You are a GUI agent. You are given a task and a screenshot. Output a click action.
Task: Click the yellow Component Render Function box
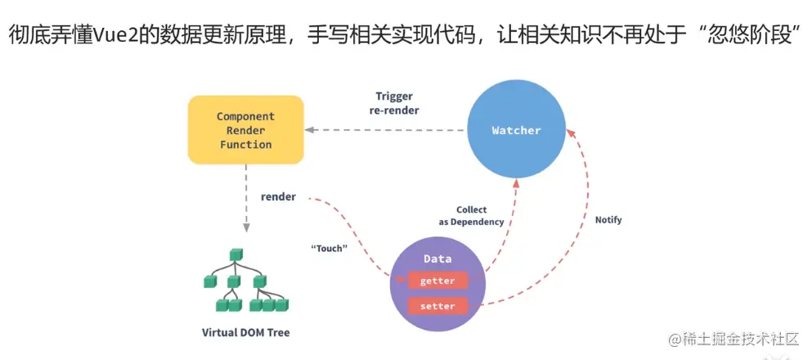245,130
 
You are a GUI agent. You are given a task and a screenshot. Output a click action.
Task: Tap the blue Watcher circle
516,130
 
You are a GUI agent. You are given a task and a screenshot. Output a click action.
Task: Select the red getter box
437,281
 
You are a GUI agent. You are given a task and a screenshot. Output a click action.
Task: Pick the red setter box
437,306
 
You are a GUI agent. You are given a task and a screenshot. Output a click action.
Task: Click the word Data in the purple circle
437,259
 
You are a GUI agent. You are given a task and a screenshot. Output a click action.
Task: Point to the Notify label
608,220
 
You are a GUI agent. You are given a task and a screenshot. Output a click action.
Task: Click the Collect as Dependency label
471,216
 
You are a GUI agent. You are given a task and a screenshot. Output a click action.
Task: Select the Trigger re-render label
400,103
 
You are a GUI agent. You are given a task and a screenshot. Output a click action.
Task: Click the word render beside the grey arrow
278,197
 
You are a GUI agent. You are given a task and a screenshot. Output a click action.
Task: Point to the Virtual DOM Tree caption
245,333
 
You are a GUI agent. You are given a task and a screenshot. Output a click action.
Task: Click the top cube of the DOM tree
235,254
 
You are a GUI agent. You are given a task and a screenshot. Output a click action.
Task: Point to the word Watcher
516,130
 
